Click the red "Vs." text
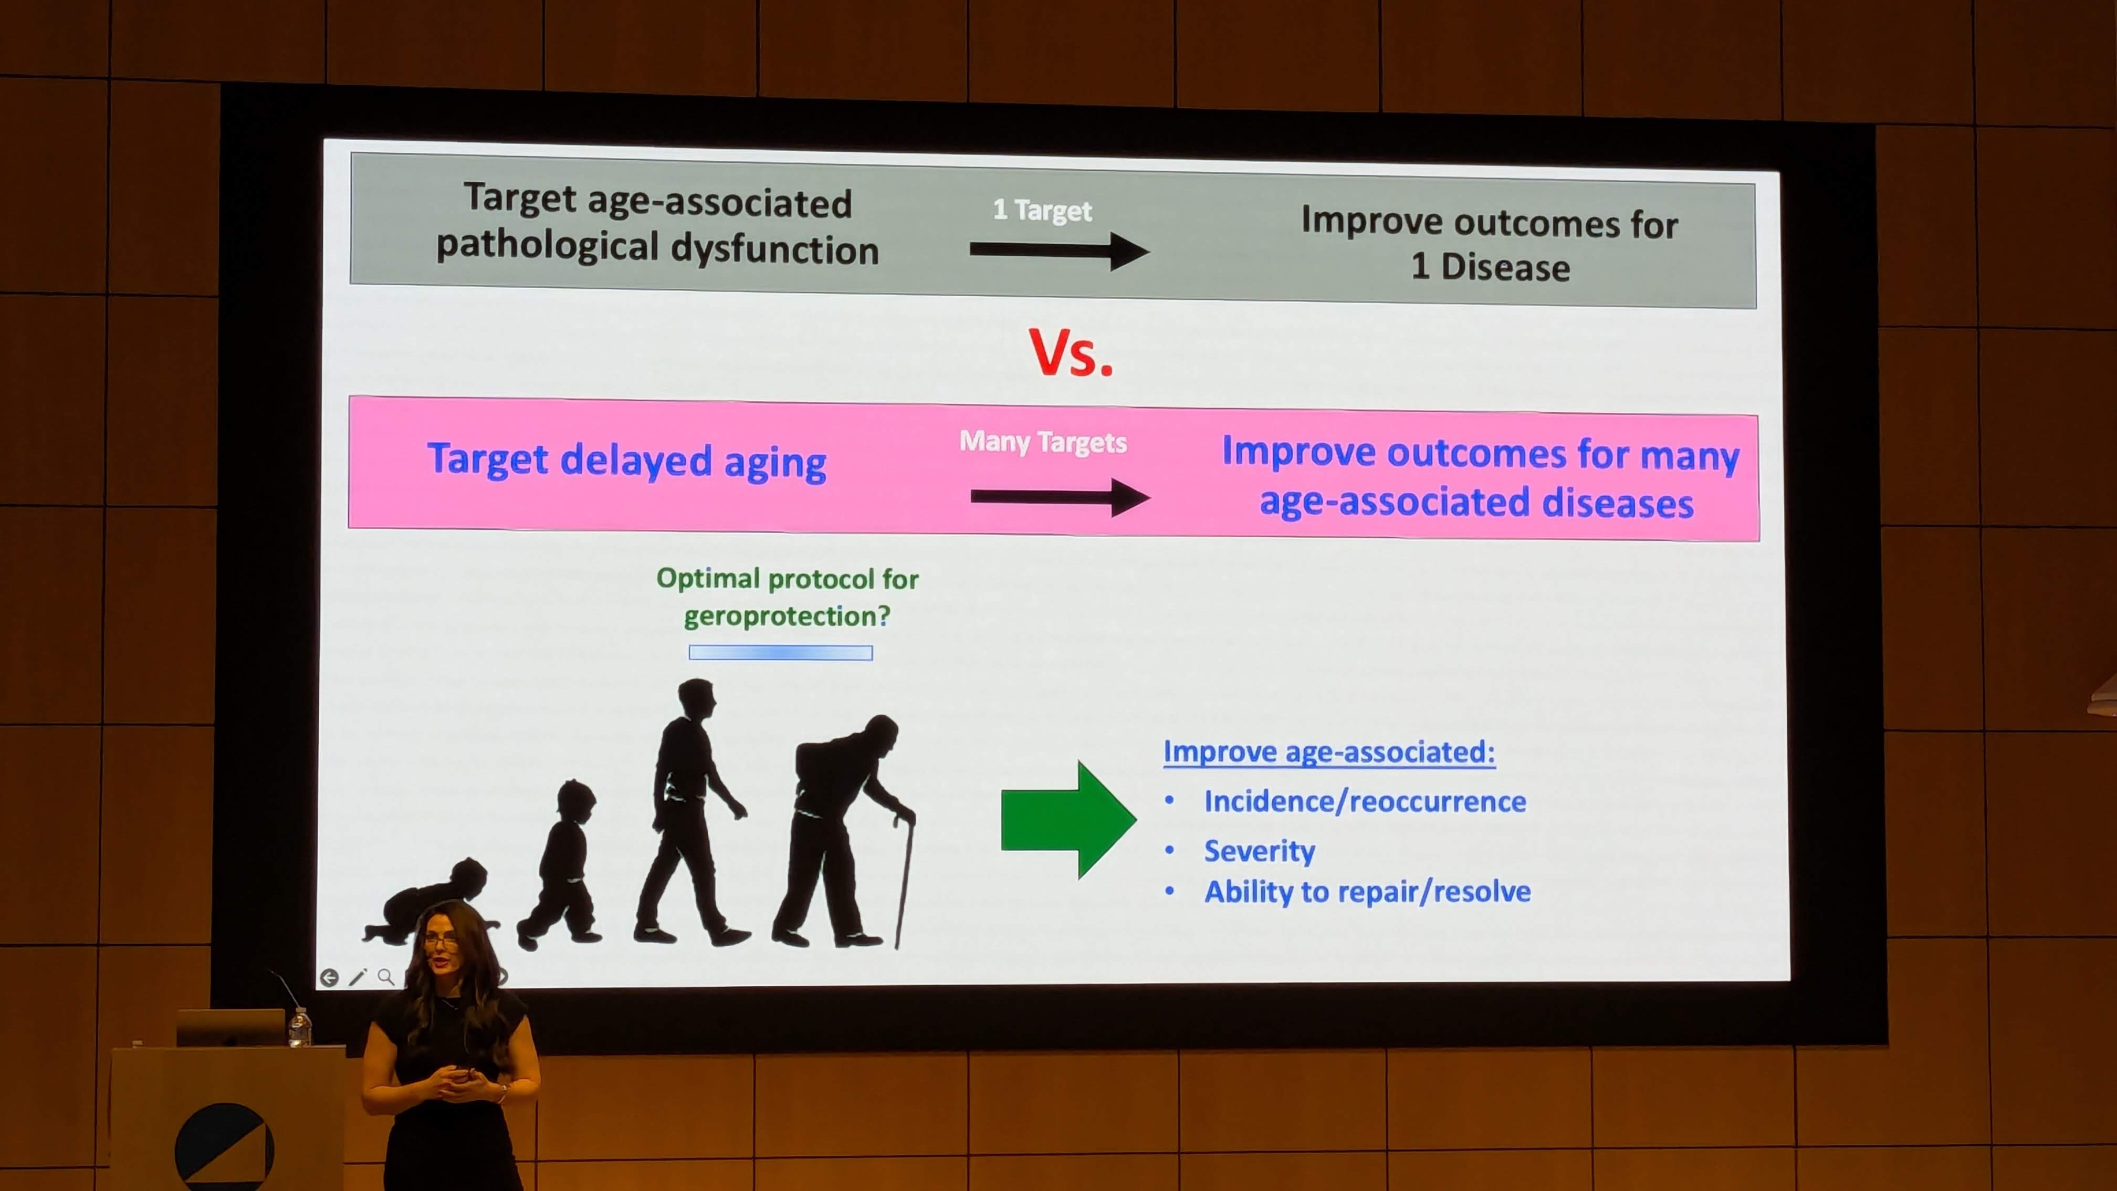point(1071,352)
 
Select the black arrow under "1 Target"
point(1058,250)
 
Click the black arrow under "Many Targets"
point(1060,496)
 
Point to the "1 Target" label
point(1042,211)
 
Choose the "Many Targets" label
point(1043,442)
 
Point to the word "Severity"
point(1259,851)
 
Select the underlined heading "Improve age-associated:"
point(1329,752)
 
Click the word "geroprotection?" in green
point(787,617)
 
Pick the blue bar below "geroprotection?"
point(781,653)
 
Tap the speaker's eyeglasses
point(442,941)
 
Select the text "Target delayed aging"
point(626,461)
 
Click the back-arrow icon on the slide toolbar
point(329,977)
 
